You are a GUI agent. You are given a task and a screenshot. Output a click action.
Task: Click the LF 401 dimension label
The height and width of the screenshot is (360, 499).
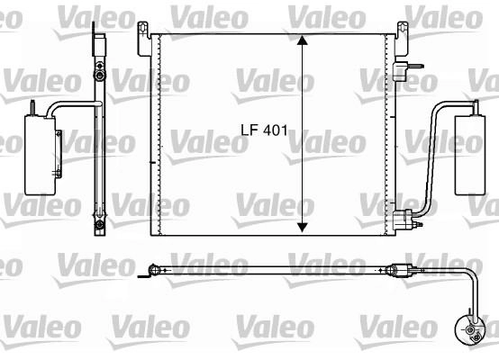pos(264,130)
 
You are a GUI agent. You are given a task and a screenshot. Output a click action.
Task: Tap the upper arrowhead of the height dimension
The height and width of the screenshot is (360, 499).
pos(302,40)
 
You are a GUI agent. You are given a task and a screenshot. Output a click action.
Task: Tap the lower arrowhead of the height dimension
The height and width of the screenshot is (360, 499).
pos(302,228)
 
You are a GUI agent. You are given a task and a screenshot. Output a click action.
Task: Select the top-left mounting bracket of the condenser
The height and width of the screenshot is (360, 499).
pos(144,39)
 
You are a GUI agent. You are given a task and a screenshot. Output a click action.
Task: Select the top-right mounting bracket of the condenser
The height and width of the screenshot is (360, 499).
pos(402,39)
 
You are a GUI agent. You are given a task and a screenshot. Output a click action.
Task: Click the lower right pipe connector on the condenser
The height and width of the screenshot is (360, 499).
pos(404,220)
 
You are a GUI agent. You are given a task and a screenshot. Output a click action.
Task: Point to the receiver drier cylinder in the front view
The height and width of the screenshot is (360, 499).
pos(470,155)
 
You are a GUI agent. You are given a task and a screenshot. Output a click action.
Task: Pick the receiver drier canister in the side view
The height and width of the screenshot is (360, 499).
pos(41,155)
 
